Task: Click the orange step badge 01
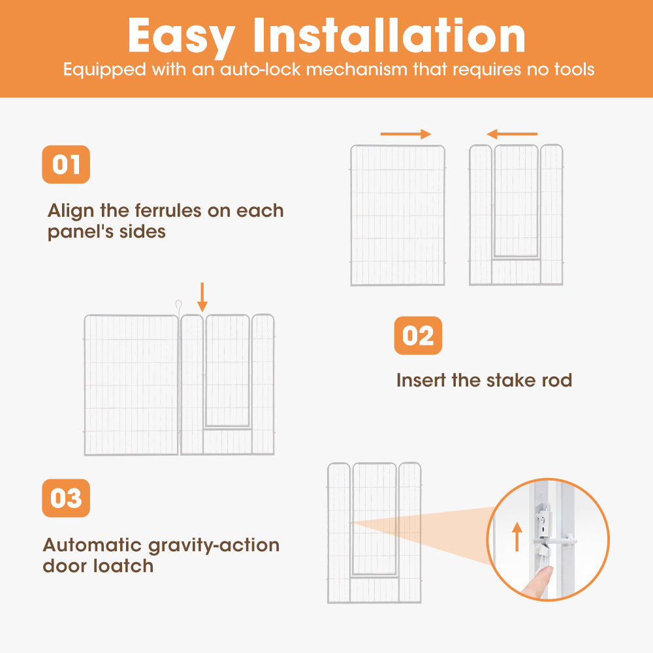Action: click(66, 164)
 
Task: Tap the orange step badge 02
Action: click(418, 335)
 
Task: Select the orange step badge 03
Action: click(66, 498)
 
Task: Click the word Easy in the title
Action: click(182, 37)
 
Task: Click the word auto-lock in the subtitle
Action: click(260, 69)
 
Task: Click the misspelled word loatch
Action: click(123, 566)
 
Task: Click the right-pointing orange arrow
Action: click(406, 134)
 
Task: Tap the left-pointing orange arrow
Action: click(512, 134)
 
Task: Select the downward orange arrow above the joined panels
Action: click(202, 297)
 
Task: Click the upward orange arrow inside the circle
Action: click(517, 537)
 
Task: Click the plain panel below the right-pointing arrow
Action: click(398, 215)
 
